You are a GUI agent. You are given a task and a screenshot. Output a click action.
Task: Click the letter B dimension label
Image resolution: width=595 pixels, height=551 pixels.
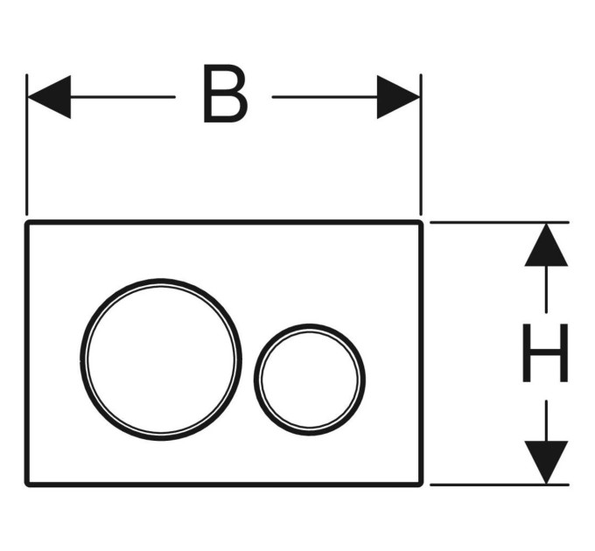click(225, 94)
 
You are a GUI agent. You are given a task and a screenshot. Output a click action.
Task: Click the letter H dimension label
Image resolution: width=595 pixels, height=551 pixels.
click(545, 352)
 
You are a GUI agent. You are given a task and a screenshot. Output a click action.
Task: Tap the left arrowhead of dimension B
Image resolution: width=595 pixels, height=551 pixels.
click(49, 97)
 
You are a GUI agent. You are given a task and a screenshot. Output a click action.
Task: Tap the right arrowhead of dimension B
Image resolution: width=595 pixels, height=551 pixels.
click(398, 97)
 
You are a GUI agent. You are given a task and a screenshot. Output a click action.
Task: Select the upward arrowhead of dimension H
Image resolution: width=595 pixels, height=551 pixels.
click(546, 245)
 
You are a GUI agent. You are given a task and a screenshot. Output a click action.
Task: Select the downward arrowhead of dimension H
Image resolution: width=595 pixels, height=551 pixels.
click(546, 463)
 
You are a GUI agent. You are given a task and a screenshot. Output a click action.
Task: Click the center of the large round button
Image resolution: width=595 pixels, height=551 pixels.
click(161, 359)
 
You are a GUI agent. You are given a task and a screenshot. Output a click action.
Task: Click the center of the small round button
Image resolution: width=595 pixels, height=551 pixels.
click(310, 380)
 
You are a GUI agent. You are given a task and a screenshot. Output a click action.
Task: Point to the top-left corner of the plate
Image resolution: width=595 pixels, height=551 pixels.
click(26, 221)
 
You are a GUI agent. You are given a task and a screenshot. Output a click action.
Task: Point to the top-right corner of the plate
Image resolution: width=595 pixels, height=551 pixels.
click(422, 221)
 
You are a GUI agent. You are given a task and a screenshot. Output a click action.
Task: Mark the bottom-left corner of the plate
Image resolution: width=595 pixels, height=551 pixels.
click(26, 485)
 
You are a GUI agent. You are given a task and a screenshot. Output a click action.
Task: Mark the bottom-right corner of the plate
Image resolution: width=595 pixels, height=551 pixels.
click(422, 485)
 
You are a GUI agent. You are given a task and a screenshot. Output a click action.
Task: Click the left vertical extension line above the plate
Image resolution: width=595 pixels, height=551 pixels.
click(26, 144)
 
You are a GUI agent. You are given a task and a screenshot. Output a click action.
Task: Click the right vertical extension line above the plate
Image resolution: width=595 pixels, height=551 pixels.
click(421, 144)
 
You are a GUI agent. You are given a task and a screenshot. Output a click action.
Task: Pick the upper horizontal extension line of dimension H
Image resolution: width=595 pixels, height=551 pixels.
click(500, 222)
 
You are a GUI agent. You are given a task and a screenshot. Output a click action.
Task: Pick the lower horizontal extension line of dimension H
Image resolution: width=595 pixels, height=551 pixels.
click(500, 485)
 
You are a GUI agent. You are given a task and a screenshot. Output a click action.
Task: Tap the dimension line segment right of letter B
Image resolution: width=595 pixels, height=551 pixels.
click(325, 97)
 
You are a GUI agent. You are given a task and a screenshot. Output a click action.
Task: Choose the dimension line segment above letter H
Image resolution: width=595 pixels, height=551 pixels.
click(546, 289)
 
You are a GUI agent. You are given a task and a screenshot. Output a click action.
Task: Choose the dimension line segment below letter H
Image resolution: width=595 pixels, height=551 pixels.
click(546, 421)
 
